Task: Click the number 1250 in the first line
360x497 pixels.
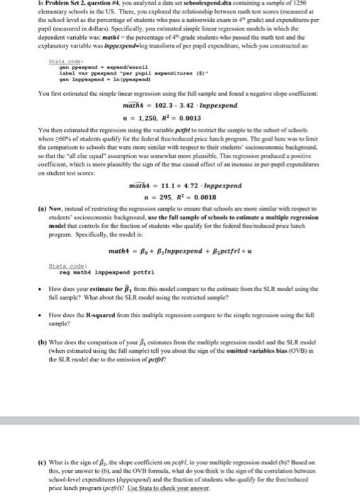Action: click(x=338, y=4)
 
